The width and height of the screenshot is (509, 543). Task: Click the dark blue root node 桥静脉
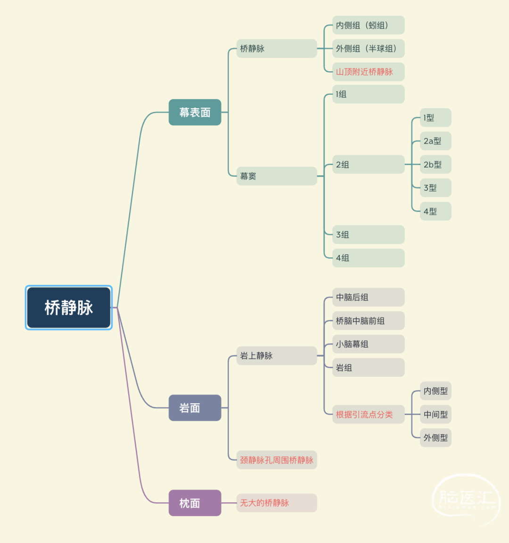[69, 307]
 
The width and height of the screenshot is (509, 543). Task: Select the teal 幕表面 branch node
[195, 112]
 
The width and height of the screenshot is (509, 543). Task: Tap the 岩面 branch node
[195, 408]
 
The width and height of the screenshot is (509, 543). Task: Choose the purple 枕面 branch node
[195, 503]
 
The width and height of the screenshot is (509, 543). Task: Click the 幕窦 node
[277, 176]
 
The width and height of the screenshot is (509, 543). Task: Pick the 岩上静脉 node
[277, 356]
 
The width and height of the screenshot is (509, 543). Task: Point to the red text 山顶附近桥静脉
[364, 72]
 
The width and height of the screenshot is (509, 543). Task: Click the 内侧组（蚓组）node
[369, 25]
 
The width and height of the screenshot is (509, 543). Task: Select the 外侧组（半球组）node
[369, 49]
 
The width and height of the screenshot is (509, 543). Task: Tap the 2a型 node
[435, 141]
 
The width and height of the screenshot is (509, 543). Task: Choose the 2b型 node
[435, 164]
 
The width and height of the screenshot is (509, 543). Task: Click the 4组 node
[369, 258]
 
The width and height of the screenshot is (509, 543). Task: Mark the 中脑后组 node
[369, 297]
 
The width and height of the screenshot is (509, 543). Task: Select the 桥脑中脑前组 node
[369, 321]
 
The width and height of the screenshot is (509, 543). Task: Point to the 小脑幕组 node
[369, 344]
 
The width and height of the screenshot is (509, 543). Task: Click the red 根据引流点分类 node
[369, 414]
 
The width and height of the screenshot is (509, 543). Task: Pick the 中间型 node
[435, 414]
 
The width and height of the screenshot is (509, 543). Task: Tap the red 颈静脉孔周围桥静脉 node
[277, 460]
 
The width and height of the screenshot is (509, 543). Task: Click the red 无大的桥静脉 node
[277, 503]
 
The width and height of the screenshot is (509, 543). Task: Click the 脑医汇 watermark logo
[467, 499]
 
